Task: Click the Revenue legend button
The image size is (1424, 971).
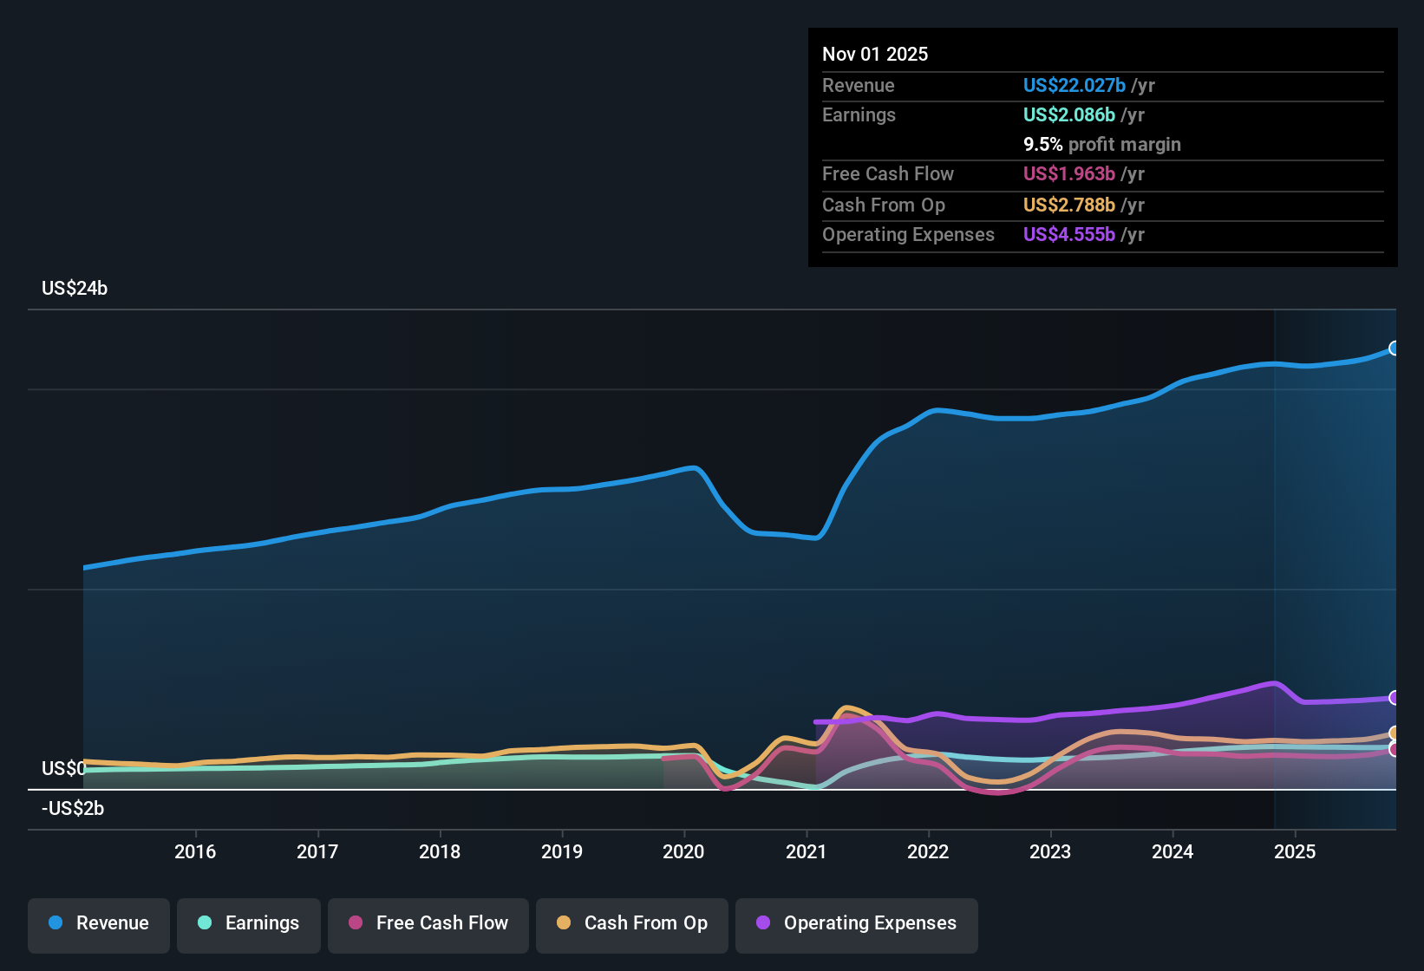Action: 99,923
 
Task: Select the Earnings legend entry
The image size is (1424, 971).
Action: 249,923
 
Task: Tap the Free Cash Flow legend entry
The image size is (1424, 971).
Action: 428,923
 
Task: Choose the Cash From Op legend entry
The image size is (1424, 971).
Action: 632,923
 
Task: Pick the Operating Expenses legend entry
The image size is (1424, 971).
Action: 857,923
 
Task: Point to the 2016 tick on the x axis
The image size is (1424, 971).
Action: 195,851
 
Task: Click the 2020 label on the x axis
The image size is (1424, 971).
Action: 683,851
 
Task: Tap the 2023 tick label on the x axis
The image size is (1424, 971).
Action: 1050,851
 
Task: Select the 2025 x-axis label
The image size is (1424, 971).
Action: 1295,851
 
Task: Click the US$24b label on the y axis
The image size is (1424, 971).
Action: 75,289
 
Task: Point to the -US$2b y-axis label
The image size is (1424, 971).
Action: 73,809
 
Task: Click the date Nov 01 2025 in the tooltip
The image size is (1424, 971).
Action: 875,54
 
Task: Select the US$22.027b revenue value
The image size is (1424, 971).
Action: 1074,85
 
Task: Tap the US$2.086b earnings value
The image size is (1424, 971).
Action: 1068,114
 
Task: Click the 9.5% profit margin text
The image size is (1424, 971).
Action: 1101,145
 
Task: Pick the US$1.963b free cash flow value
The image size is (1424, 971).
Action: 1068,173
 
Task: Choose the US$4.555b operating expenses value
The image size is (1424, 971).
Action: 1068,234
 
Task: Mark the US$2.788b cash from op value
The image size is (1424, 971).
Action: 1068,205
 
